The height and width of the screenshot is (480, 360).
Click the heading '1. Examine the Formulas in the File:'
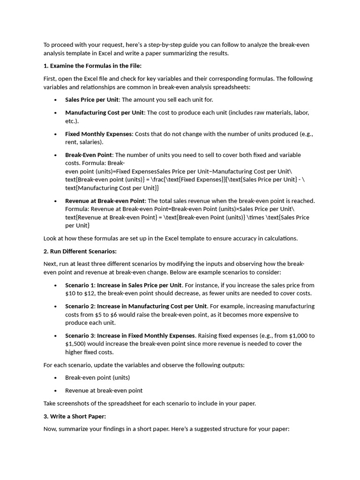92,66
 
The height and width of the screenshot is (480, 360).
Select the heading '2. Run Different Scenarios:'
80,251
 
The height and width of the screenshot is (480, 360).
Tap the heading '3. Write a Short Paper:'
75,416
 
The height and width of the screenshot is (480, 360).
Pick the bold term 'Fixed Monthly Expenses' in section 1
99,134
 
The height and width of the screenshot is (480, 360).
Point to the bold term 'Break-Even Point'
89,155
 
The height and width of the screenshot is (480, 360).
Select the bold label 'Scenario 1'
80,285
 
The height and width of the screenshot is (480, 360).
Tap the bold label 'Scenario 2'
80,307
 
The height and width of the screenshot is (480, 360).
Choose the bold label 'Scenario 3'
80,336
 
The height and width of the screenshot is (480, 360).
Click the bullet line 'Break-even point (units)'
97,378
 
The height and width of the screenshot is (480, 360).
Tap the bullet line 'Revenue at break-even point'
104,390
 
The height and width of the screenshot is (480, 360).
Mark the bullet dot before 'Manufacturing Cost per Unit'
55,113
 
